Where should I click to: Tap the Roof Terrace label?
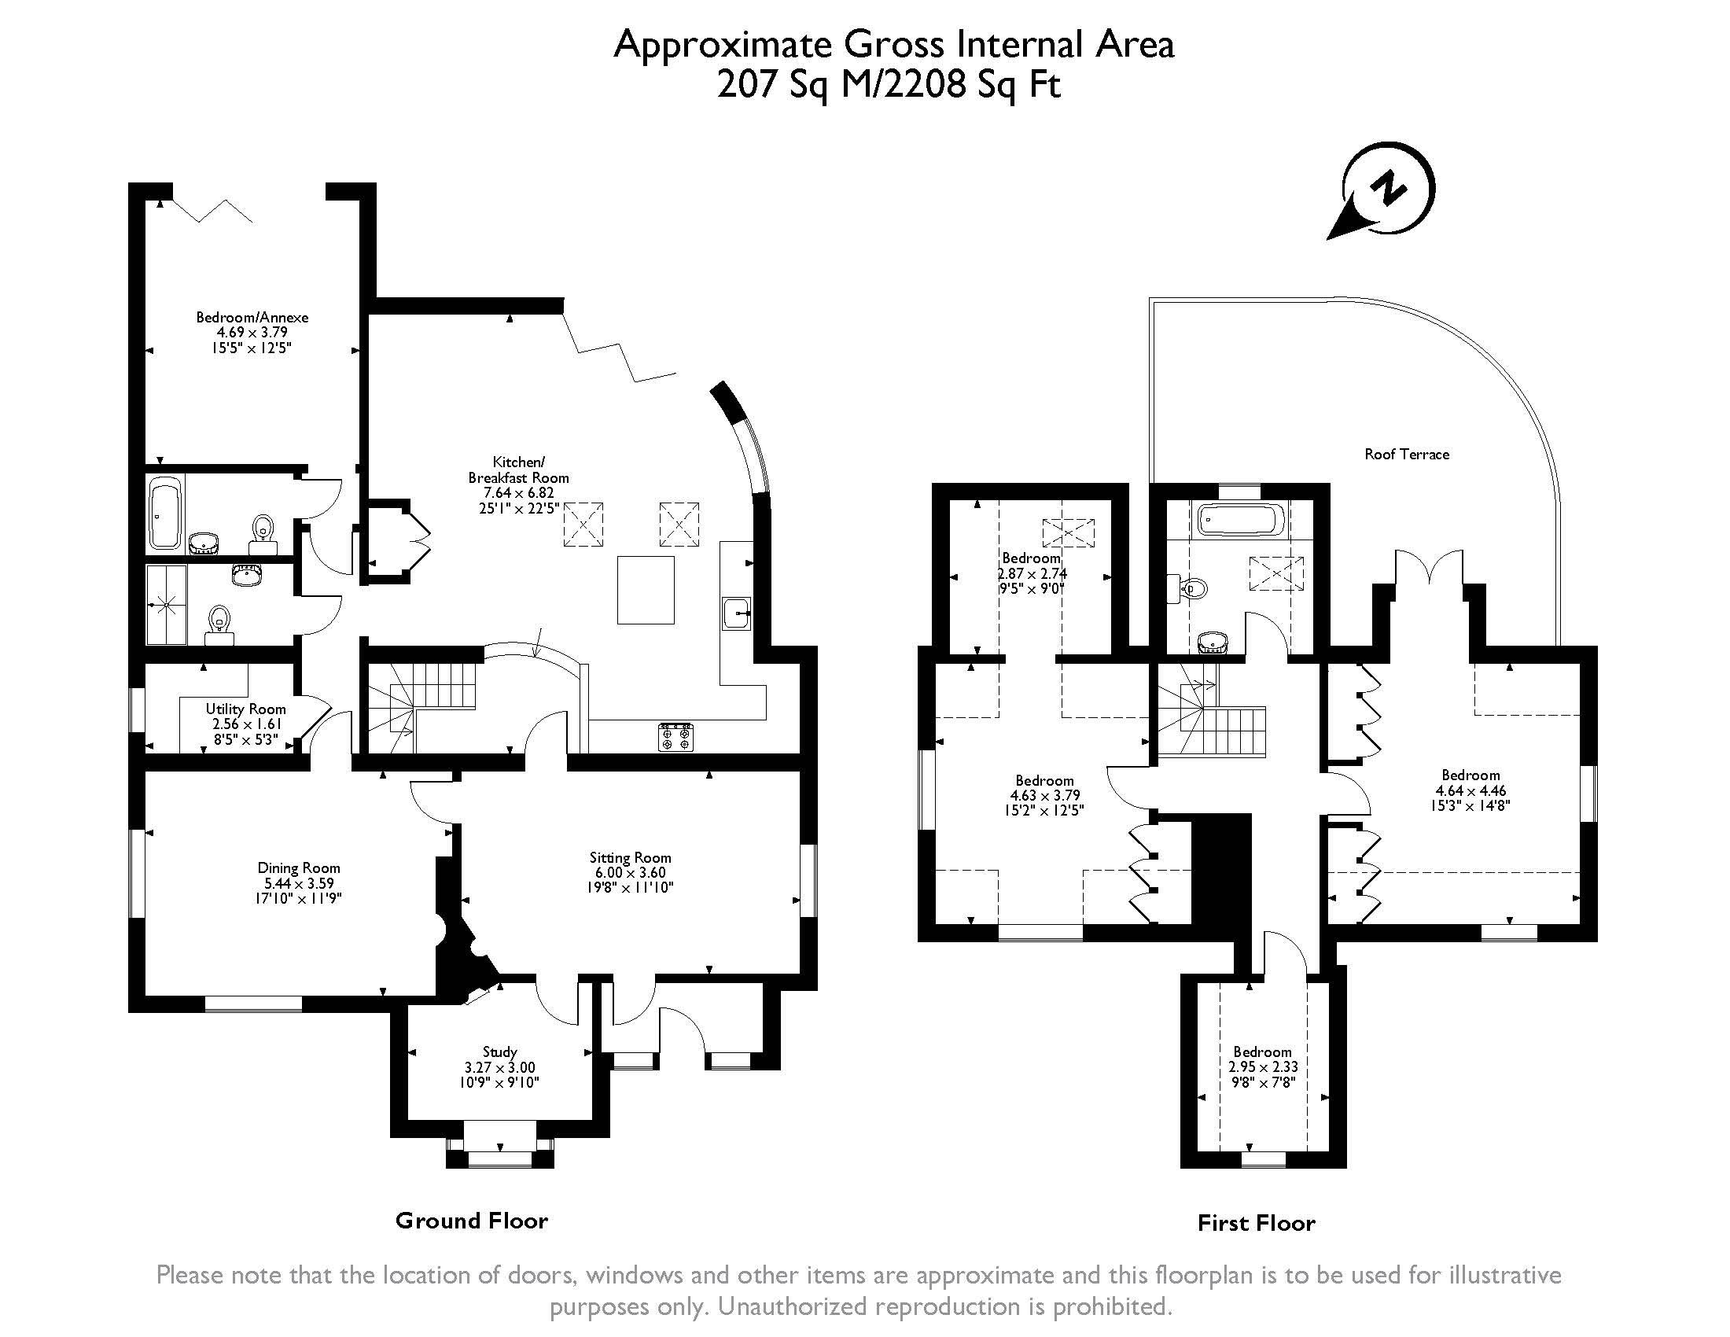pos(1406,454)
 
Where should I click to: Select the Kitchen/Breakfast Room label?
pos(518,470)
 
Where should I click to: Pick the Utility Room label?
pos(245,709)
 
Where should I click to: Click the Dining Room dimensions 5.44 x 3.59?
pos(299,883)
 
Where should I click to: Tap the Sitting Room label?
pos(630,857)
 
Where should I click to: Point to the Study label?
pos(499,1052)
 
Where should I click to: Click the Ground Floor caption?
pos(471,1221)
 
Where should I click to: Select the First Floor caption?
pos(1257,1223)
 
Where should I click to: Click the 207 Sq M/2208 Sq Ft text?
pos(888,84)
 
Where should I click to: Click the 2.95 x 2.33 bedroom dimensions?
pos(1263,1067)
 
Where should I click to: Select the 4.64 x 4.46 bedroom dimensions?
pos(1470,790)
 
